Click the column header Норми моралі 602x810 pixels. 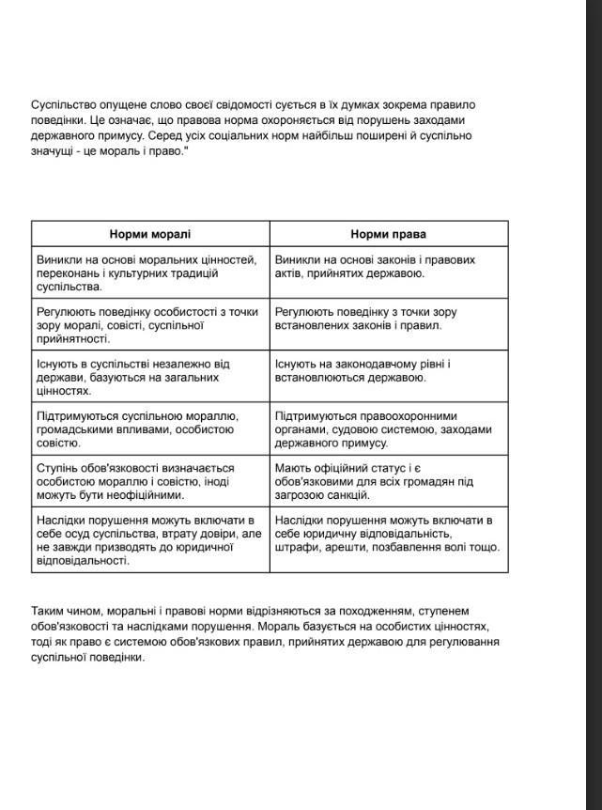150,234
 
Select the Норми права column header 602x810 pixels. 389,234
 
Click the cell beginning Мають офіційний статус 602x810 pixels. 389,481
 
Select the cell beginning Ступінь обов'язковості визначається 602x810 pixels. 150,481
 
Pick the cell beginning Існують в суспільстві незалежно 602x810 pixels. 150,377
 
